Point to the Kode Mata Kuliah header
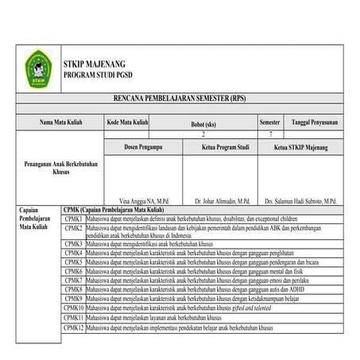click(x=127, y=123)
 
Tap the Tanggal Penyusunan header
click(x=315, y=123)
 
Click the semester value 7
click(x=271, y=135)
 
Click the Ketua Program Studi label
click(x=226, y=147)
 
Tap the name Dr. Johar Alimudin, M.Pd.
click(x=223, y=201)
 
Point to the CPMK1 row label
click(x=74, y=218)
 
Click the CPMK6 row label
click(x=74, y=270)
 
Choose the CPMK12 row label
click(x=75, y=327)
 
